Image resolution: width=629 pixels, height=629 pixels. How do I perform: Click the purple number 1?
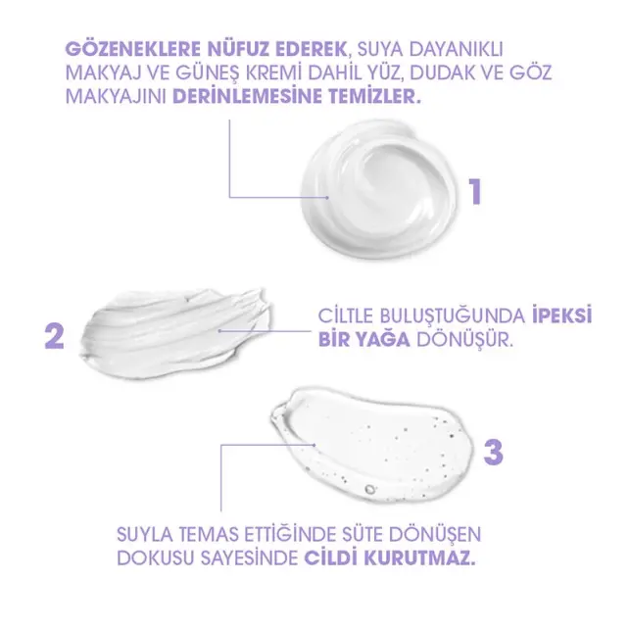coord(475,189)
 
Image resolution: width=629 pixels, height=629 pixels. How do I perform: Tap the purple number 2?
coord(55,335)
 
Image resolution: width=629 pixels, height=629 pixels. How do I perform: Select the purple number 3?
coord(494,452)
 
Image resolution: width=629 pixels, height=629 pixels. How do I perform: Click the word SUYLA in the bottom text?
coord(149,535)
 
